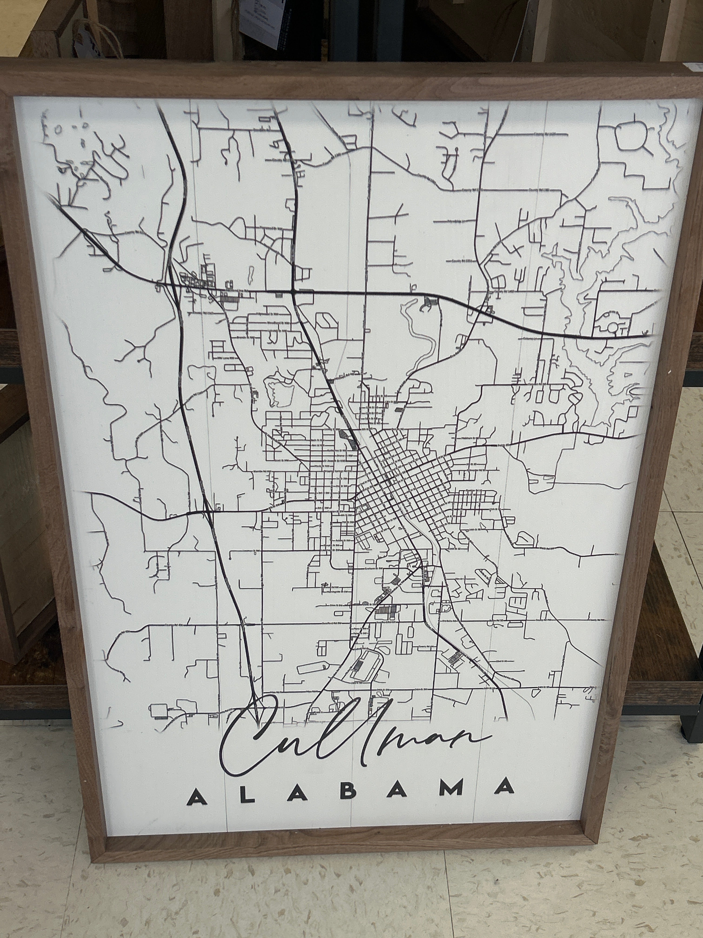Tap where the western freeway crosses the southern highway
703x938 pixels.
(208, 512)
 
